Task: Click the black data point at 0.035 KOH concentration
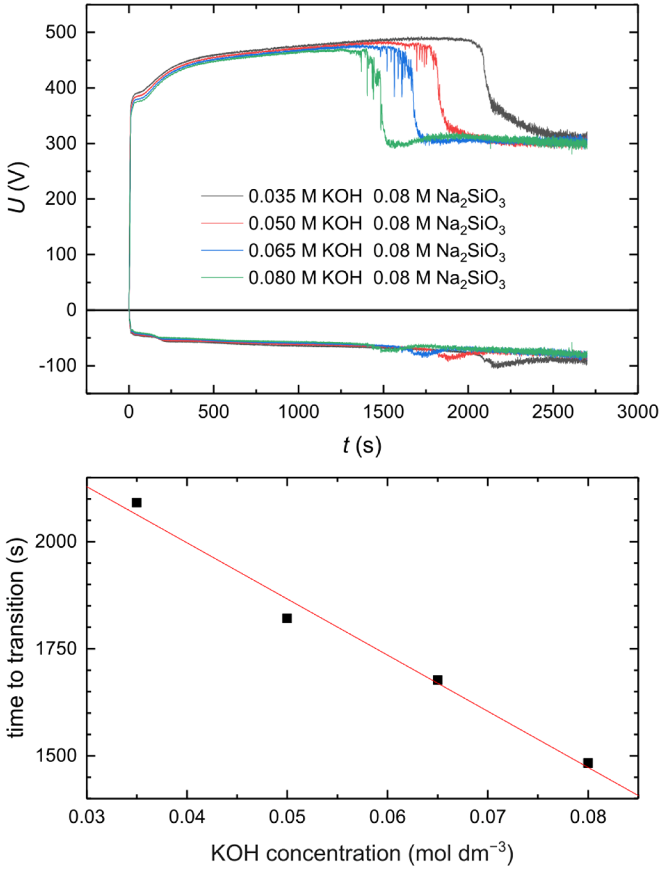136,502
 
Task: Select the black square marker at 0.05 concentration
287,618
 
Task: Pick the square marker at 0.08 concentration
588,763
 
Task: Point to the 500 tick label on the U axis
60,32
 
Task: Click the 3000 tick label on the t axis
637,412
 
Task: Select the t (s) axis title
362,445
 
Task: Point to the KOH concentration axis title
362,852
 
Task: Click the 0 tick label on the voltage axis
71,310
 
